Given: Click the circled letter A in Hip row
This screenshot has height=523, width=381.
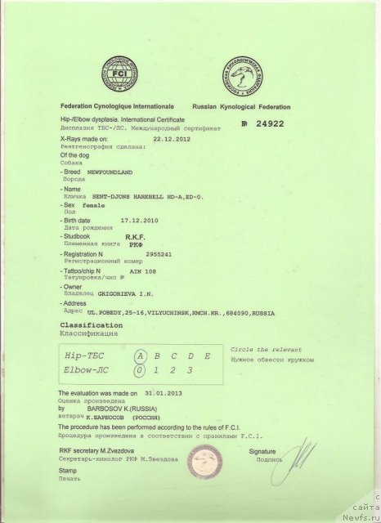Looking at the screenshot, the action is coord(141,355).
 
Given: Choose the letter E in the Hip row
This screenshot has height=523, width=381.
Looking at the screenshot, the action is coord(208,355).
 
